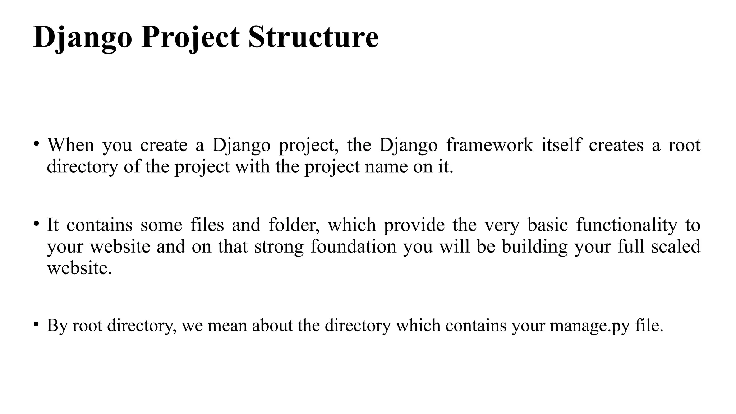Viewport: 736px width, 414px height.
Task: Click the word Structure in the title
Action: click(313, 37)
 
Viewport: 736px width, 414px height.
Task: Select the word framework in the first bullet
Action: click(489, 145)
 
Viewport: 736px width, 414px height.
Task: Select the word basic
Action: click(548, 225)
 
